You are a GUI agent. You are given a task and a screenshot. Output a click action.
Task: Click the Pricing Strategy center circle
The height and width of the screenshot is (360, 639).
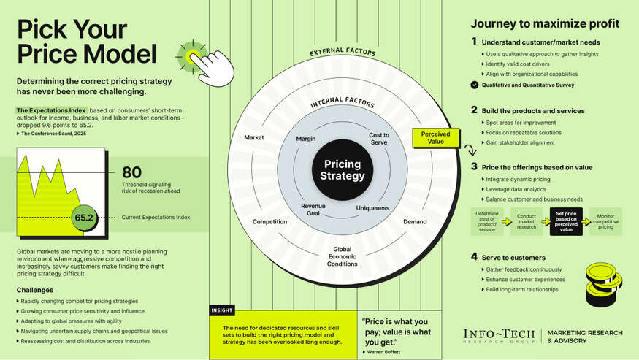tap(342, 170)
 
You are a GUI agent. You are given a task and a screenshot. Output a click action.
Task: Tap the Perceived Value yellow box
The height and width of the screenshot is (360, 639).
tap(435, 138)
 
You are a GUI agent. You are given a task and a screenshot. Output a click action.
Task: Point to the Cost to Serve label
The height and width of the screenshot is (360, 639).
tap(379, 139)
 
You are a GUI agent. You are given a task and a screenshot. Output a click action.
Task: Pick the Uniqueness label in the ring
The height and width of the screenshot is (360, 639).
tap(372, 208)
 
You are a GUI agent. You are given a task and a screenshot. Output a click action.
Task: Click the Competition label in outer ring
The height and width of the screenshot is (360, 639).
tap(269, 221)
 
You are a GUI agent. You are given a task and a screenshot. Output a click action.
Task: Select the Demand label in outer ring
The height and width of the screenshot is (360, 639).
tap(415, 221)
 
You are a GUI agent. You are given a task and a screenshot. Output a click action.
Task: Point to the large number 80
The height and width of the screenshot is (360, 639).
tap(131, 172)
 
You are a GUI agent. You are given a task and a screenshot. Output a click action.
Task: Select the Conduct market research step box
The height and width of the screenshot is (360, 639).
tap(527, 221)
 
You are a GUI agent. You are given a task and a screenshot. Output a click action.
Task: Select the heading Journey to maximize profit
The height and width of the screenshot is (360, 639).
tap(545, 23)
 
